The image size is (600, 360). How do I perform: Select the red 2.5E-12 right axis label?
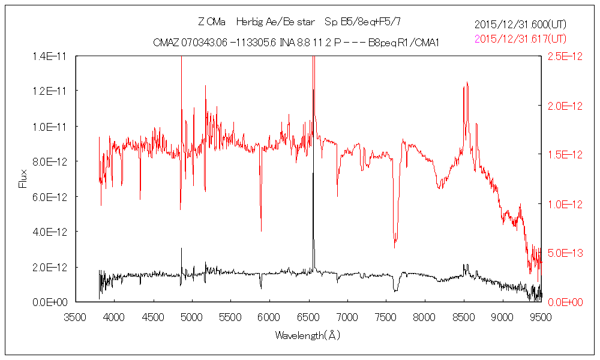(561, 56)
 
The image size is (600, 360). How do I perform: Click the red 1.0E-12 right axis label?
(561, 203)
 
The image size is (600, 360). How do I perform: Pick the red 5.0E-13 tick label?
(561, 253)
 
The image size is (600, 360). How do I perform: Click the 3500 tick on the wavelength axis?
(75, 316)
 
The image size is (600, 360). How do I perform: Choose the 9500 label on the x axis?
(541, 316)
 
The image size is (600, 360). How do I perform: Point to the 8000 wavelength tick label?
(425, 316)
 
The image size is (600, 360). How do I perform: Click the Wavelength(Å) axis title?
(308, 335)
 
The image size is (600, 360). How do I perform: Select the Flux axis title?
(23, 178)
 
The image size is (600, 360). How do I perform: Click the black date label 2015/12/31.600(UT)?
(520, 25)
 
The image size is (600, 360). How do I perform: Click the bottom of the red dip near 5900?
(260, 230)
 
